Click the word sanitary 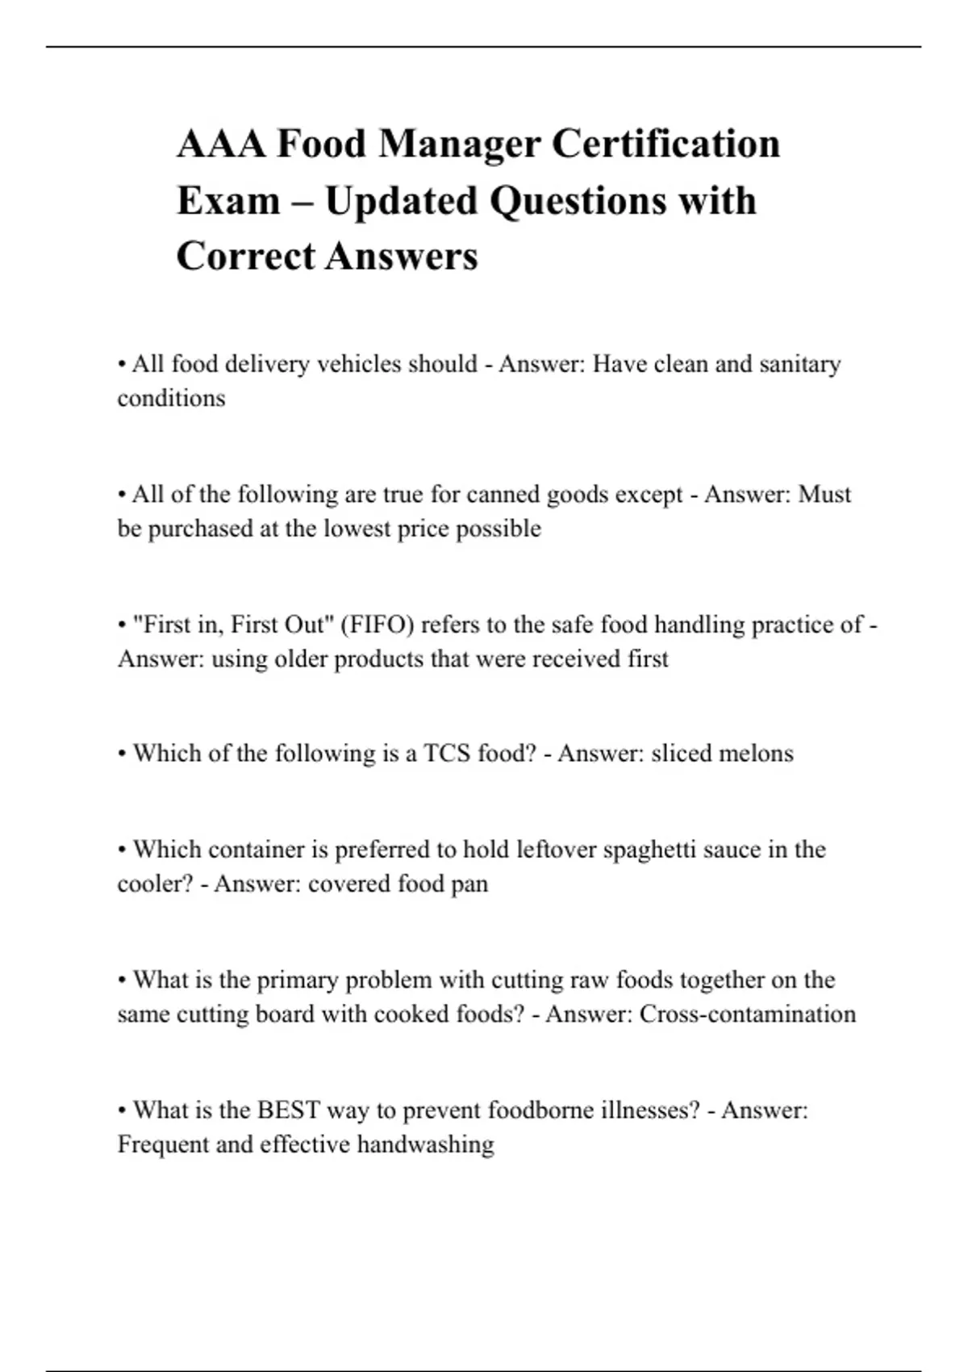tap(800, 364)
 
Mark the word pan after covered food tap(469, 884)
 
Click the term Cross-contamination tap(747, 1014)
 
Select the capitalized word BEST tap(289, 1111)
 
